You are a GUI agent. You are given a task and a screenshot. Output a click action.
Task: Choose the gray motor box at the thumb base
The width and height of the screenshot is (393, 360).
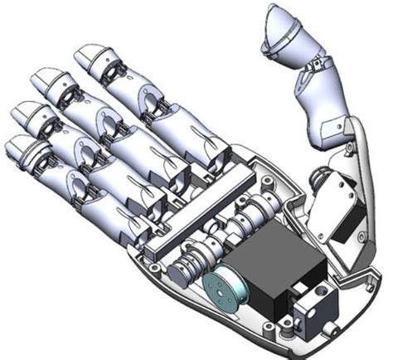point(340,199)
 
